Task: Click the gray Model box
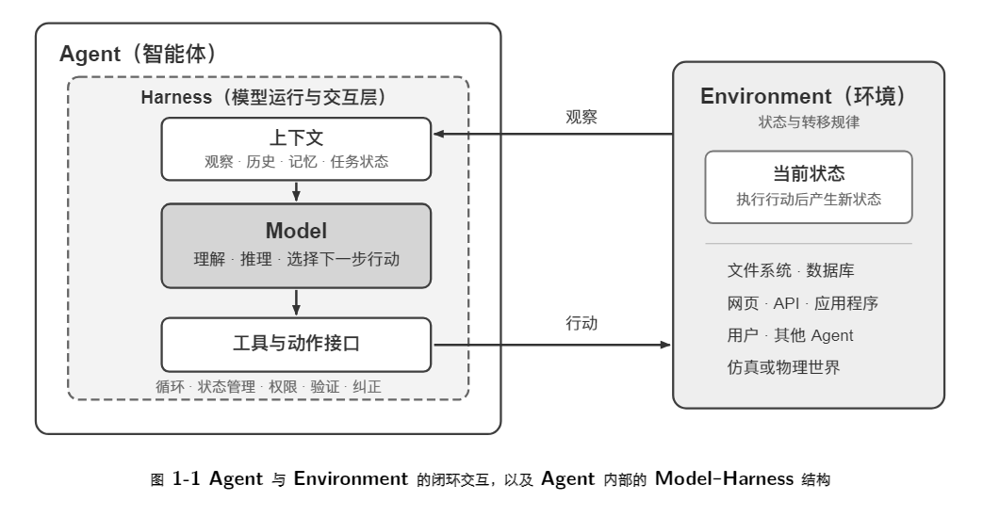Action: coord(296,246)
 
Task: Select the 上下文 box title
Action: coord(296,137)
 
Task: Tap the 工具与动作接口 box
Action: coord(296,345)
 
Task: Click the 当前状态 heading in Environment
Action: coord(808,173)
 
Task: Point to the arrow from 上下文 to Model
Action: coord(296,191)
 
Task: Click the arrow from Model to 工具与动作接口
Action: coord(296,302)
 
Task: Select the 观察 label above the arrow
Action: coord(582,117)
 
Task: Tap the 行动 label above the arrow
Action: coord(582,323)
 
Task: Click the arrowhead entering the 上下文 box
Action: coord(439,134)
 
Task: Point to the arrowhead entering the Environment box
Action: coord(665,345)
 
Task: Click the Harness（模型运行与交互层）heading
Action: coord(264,97)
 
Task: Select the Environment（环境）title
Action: coord(804,96)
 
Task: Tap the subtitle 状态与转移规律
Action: coord(809,122)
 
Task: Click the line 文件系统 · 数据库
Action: coord(791,270)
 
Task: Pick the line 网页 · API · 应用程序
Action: coord(802,303)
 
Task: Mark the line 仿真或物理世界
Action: coord(783,367)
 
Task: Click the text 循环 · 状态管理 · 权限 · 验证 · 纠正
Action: coord(269,387)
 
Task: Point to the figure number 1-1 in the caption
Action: coord(186,478)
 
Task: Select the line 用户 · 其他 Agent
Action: coord(790,335)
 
